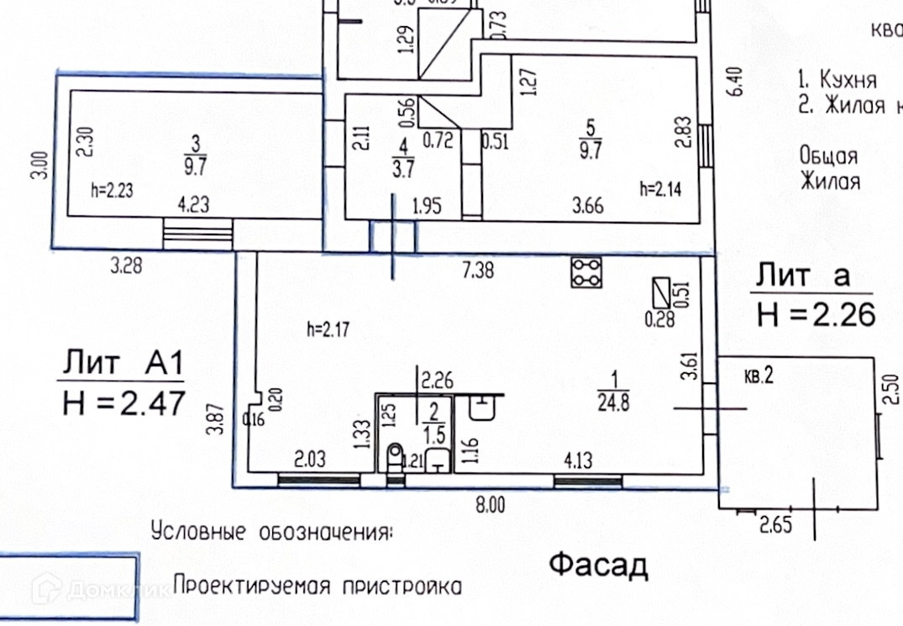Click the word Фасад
[599, 566]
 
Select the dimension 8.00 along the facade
[491, 505]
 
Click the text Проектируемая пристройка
[318, 585]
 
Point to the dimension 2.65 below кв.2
[776, 526]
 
